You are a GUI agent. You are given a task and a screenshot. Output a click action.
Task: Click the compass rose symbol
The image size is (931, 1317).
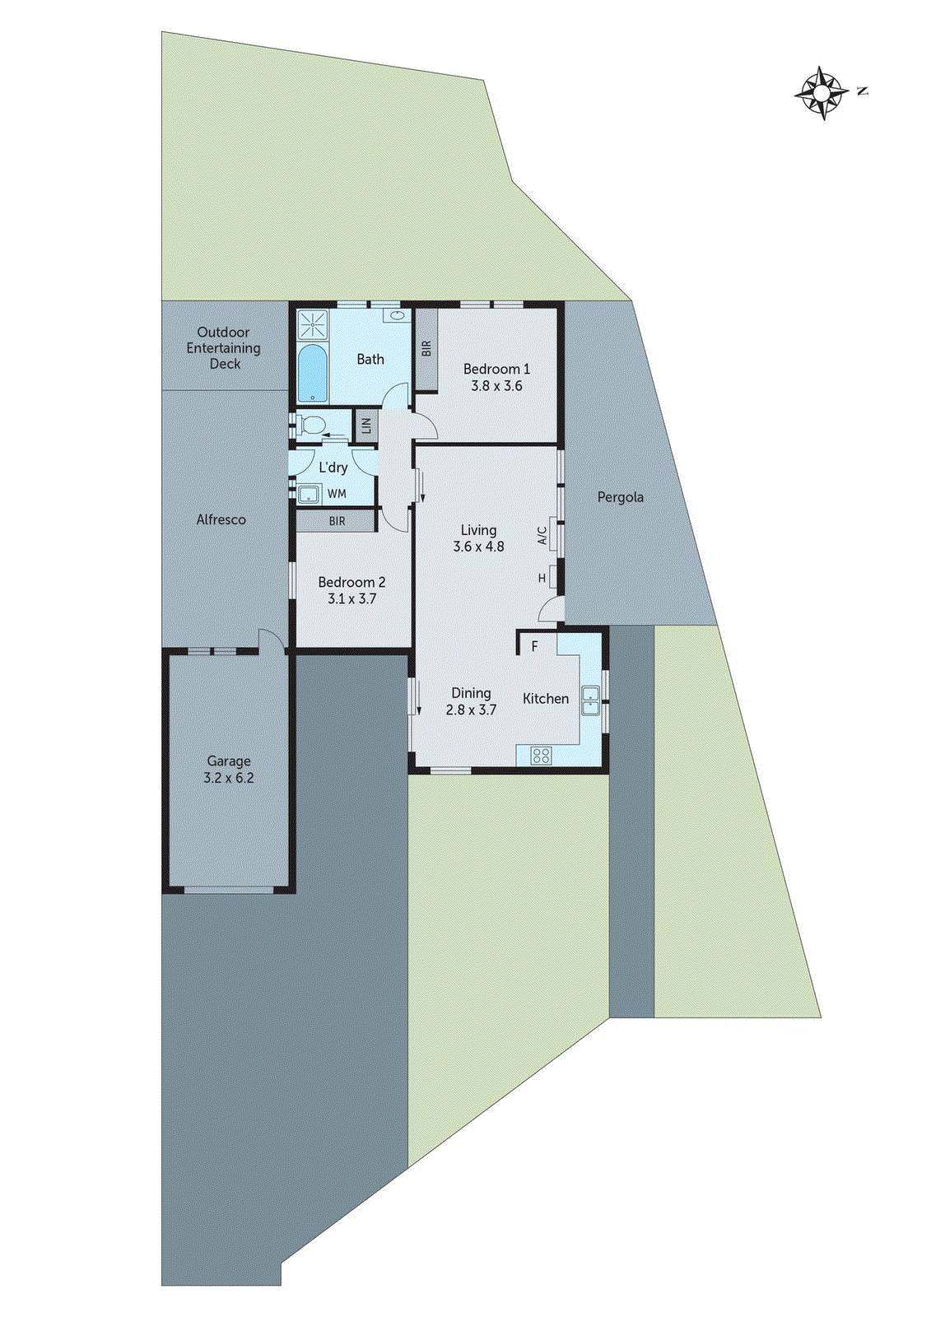pyautogui.click(x=822, y=93)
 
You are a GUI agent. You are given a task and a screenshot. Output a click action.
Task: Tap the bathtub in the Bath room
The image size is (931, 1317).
pyautogui.click(x=311, y=374)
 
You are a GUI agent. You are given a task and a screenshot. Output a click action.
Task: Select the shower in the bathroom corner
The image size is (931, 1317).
pyautogui.click(x=312, y=324)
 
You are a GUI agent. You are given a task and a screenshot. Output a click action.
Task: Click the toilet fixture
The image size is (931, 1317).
pyautogui.click(x=310, y=426)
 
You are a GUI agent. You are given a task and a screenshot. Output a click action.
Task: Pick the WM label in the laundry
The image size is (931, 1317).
pyautogui.click(x=337, y=494)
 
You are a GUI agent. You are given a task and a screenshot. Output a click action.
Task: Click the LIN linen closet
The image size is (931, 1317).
pyautogui.click(x=365, y=426)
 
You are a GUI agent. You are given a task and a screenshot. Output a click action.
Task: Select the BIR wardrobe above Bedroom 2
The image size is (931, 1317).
pyautogui.click(x=337, y=521)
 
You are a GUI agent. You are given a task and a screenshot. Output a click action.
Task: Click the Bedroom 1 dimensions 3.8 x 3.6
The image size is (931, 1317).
pyautogui.click(x=496, y=385)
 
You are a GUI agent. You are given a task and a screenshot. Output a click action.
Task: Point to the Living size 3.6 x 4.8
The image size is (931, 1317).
pyautogui.click(x=478, y=546)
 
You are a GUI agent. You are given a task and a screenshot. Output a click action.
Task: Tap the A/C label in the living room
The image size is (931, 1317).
pyautogui.click(x=542, y=536)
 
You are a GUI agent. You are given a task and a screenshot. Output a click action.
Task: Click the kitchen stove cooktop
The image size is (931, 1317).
pyautogui.click(x=541, y=755)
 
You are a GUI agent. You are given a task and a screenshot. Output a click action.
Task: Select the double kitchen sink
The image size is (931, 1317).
pyautogui.click(x=590, y=700)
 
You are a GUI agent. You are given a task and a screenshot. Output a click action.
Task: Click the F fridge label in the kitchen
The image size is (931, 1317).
pyautogui.click(x=534, y=646)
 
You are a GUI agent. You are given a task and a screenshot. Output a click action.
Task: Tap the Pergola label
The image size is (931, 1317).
pyautogui.click(x=620, y=497)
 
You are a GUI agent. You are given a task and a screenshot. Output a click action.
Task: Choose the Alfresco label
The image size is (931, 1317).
pyautogui.click(x=221, y=519)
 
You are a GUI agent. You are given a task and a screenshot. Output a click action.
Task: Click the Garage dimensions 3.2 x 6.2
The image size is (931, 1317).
pyautogui.click(x=228, y=778)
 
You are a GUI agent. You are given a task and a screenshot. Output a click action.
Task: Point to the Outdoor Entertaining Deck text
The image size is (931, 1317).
pyautogui.click(x=223, y=347)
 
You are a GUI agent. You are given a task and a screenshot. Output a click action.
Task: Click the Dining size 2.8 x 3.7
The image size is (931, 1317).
pyautogui.click(x=471, y=710)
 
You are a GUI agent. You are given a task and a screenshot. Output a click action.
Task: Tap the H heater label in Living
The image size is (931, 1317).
pyautogui.click(x=542, y=578)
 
